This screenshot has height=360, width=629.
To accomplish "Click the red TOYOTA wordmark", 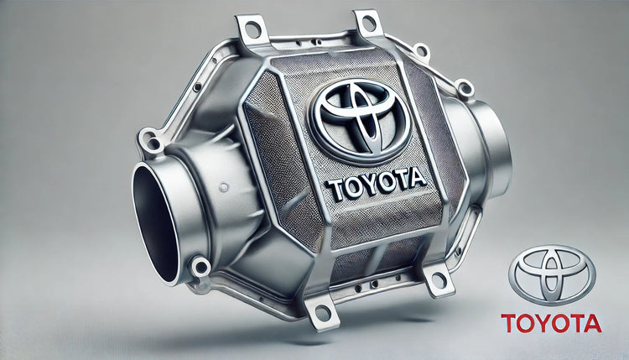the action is coord(551,323).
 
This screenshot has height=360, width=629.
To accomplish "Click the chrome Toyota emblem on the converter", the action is coord(361,120).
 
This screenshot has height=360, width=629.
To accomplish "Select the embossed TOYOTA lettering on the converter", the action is coord(376,185).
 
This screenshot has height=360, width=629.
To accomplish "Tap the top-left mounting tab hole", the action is coord(252,29).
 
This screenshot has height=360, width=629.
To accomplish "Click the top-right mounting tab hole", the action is coord(370,23).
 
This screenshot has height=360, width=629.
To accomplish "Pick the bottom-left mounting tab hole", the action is coord(323,312).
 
